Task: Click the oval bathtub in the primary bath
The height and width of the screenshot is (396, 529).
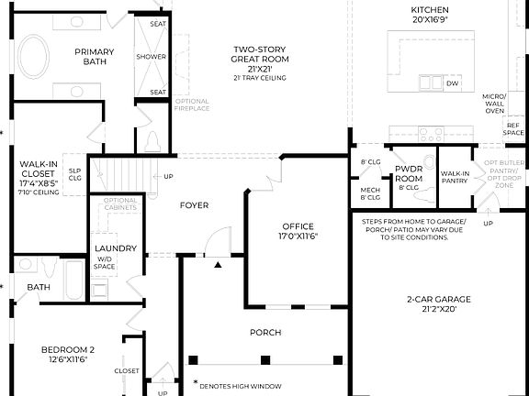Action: coord(31,57)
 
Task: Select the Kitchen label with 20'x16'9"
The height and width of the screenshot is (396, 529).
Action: coord(429,15)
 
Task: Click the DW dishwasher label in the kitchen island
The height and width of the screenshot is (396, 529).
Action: coord(452,83)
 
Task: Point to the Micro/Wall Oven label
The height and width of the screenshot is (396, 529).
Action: coord(494,104)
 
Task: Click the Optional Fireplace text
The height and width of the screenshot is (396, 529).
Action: coord(192,104)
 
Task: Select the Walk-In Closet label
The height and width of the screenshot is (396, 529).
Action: coord(38,174)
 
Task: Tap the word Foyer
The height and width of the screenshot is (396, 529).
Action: coord(194,205)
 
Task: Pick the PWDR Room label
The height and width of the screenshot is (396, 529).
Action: coord(407,174)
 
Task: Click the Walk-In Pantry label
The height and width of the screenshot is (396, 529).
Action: coord(455,177)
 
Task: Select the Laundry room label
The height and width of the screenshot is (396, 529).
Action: coord(116,248)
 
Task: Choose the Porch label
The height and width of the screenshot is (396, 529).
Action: coord(264,332)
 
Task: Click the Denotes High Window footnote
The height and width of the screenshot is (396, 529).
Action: coord(240,386)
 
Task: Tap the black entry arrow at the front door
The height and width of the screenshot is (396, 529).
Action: coord(217,265)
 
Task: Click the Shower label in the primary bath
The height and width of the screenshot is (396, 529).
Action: coord(152,57)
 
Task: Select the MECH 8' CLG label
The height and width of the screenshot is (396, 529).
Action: coord(369,192)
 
